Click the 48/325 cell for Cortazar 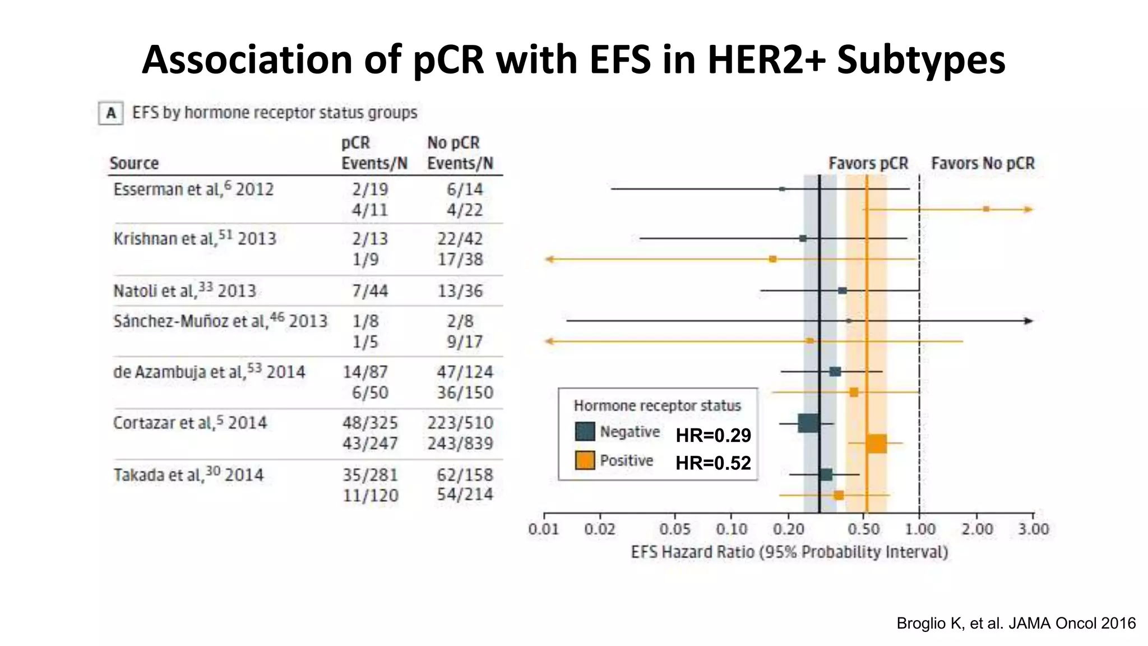tap(370, 423)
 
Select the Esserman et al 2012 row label tap(193, 190)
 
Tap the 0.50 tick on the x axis tap(863, 529)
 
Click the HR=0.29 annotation tap(713, 435)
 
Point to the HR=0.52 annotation tap(713, 463)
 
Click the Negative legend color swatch tap(585, 431)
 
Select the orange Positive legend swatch tap(585, 460)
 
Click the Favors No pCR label tap(983, 163)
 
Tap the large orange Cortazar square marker tap(876, 444)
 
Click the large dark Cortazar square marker tap(808, 423)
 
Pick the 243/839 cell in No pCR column tap(460, 444)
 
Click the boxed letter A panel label tap(111, 113)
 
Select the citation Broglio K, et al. tap(1016, 623)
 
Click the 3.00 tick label tap(1033, 529)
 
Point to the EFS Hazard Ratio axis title tap(789, 552)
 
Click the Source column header tap(134, 163)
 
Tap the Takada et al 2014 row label tap(188, 475)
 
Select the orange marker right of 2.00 tap(986, 209)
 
